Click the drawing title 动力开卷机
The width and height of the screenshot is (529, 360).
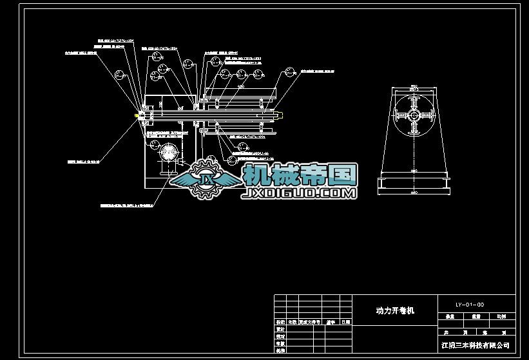tap(395, 310)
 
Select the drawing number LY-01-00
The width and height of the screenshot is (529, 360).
tap(469, 304)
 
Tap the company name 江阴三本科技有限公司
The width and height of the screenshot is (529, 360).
tap(479, 346)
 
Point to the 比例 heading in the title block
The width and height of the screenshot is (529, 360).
tap(501, 316)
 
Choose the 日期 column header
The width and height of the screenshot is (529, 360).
tap(346, 321)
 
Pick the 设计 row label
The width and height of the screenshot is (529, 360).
tap(280, 328)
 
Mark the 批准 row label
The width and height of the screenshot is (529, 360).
tap(280, 351)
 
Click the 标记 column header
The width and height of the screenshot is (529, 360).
tap(280, 321)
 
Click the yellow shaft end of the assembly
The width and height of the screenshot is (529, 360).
tap(137, 116)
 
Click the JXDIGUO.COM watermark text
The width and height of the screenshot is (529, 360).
tap(298, 193)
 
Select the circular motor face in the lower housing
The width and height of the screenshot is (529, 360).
tap(169, 153)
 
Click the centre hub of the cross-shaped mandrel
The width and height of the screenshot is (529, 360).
tap(412, 115)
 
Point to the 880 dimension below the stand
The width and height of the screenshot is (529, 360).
tap(412, 193)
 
